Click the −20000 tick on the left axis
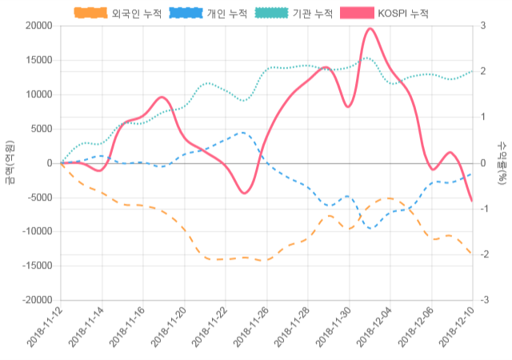coord(37,300)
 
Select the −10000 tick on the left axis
coord(37,231)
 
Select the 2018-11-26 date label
coord(251,329)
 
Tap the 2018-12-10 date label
coord(457,329)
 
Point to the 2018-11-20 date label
coord(169,329)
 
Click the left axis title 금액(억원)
coord(9,162)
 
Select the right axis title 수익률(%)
coord(502,162)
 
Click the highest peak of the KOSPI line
coord(370,29)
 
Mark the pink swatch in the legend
coord(357,14)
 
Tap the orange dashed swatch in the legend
coord(90,14)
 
